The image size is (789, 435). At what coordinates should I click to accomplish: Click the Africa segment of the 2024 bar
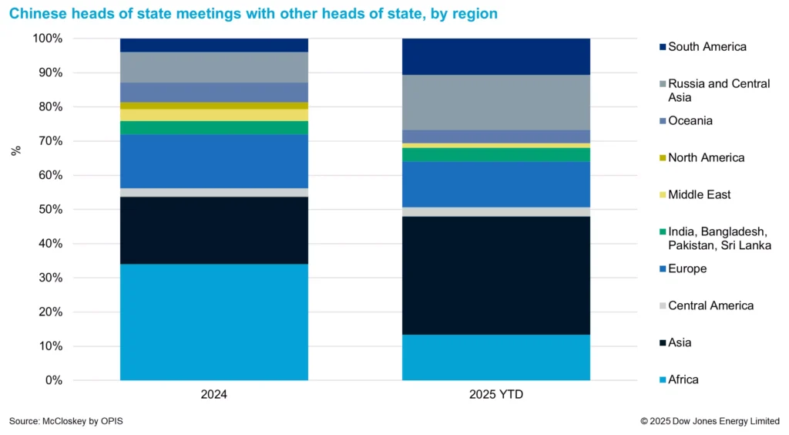click(x=214, y=322)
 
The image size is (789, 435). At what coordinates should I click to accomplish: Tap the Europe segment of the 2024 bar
click(x=214, y=161)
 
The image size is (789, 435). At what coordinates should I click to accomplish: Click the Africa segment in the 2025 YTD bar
click(x=496, y=357)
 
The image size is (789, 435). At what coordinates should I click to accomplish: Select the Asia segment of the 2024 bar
click(x=214, y=231)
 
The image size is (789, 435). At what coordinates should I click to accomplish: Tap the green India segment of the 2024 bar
click(x=214, y=127)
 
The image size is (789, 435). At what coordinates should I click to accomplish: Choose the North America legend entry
click(x=706, y=158)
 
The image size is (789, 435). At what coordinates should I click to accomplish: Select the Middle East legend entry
click(x=699, y=195)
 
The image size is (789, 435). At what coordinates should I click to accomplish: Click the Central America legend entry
click(x=710, y=306)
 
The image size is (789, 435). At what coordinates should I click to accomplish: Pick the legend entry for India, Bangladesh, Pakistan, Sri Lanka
click(x=719, y=238)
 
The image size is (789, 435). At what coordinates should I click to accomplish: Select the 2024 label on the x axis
click(x=214, y=394)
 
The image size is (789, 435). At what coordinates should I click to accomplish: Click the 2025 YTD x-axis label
click(x=496, y=394)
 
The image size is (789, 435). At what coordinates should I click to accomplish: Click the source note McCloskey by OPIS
click(x=66, y=421)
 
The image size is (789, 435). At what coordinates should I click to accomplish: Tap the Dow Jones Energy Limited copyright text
click(x=710, y=421)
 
